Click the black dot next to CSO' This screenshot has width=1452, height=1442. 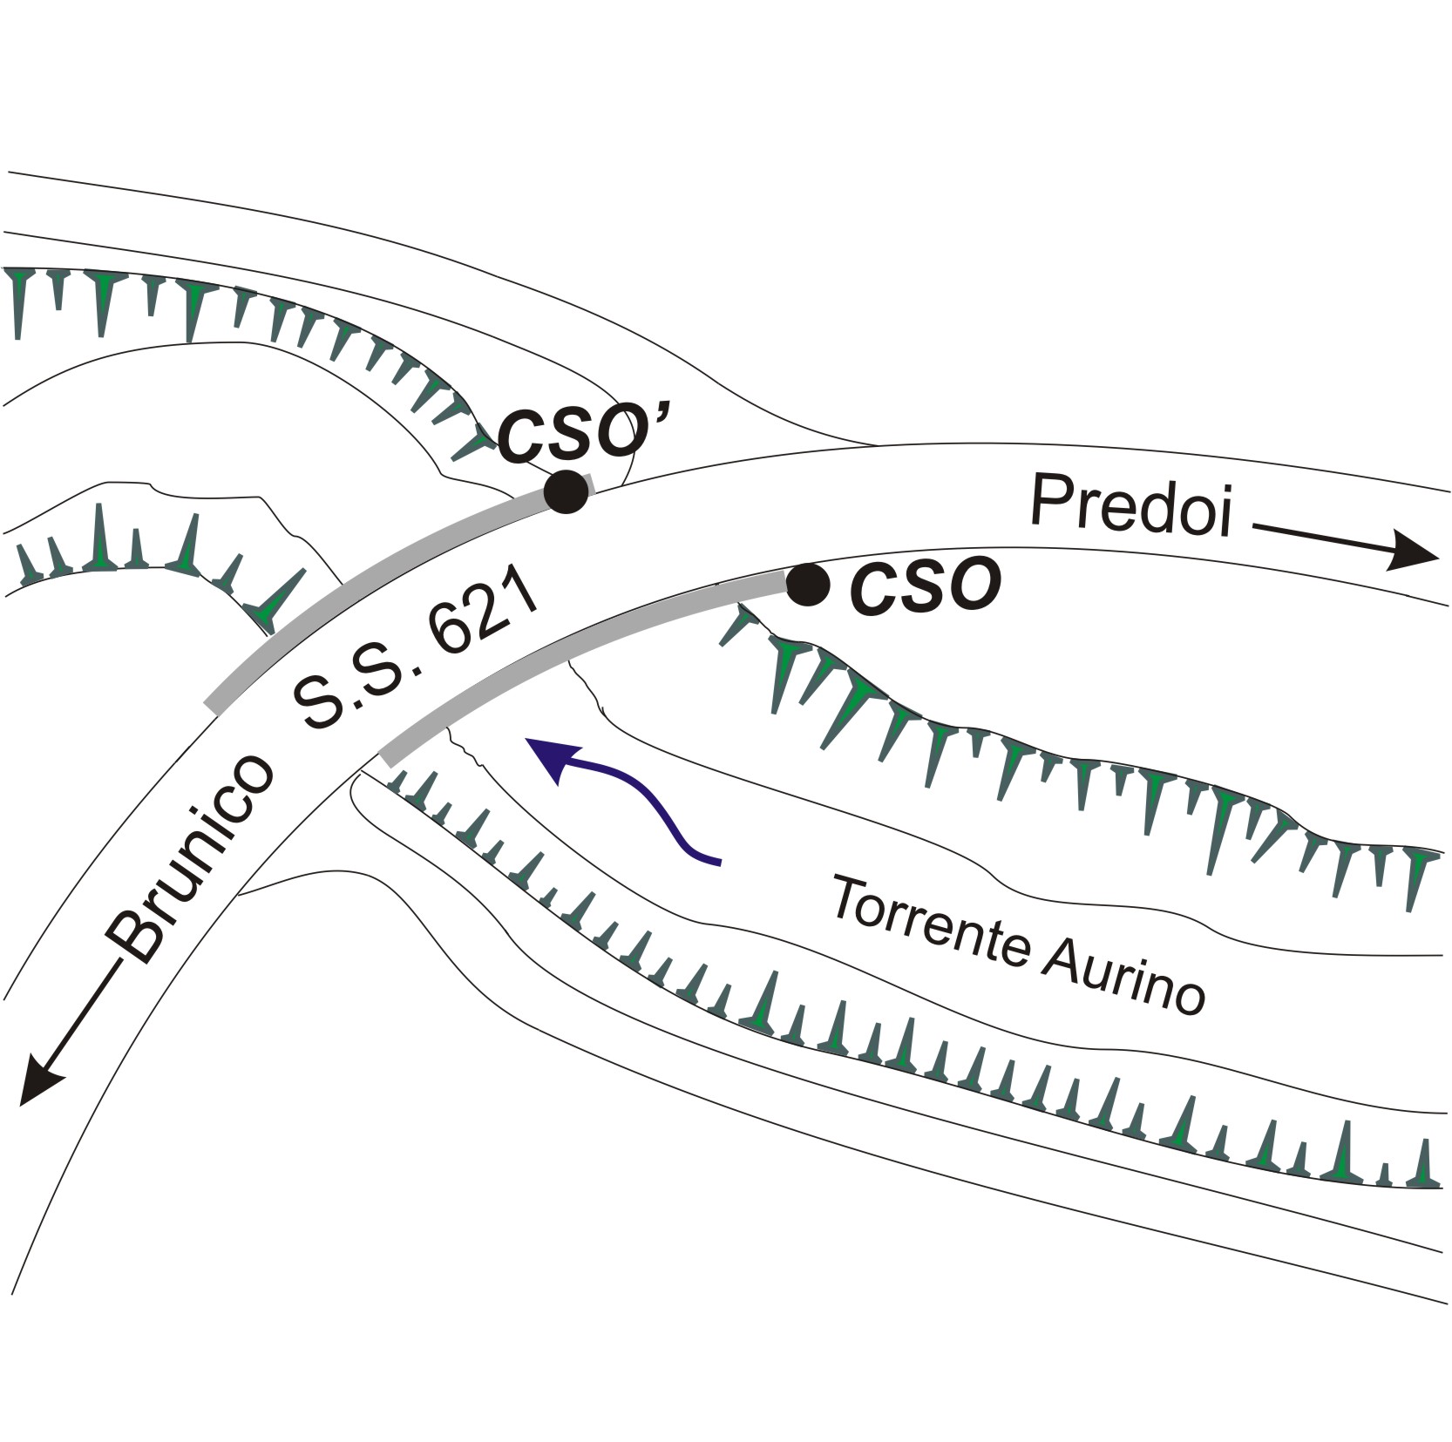coord(565,491)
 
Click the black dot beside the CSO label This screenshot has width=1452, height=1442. coord(808,584)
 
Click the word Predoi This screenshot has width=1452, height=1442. coord(1131,507)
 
